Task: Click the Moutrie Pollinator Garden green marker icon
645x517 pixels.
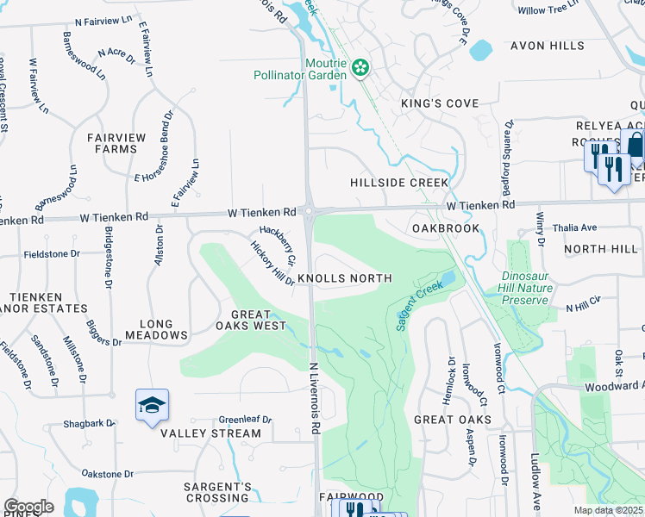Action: [360, 66]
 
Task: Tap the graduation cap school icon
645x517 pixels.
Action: [152, 406]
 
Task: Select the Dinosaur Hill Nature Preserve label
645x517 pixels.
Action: [524, 288]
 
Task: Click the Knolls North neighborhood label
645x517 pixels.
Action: [345, 278]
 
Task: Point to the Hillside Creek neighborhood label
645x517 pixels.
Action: [399, 183]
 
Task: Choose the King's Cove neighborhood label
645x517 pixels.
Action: [440, 103]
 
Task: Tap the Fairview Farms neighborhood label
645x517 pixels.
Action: [112, 143]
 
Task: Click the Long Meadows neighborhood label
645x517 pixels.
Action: [156, 328]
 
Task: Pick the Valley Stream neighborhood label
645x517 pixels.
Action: [210, 433]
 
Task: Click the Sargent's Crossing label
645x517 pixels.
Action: [217, 492]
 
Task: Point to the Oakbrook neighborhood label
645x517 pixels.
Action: [445, 228]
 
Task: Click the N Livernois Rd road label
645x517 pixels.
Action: [316, 397]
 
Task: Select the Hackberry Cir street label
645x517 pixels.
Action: [279, 246]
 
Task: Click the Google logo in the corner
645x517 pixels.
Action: [29, 507]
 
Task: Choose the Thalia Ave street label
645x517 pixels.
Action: [575, 228]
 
